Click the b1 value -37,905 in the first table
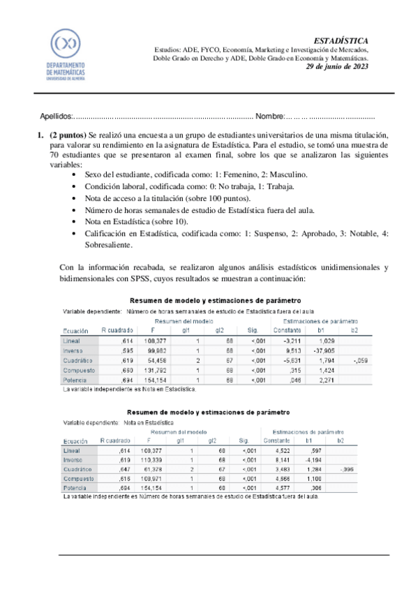[322, 352]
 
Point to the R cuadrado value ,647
[116, 471]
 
